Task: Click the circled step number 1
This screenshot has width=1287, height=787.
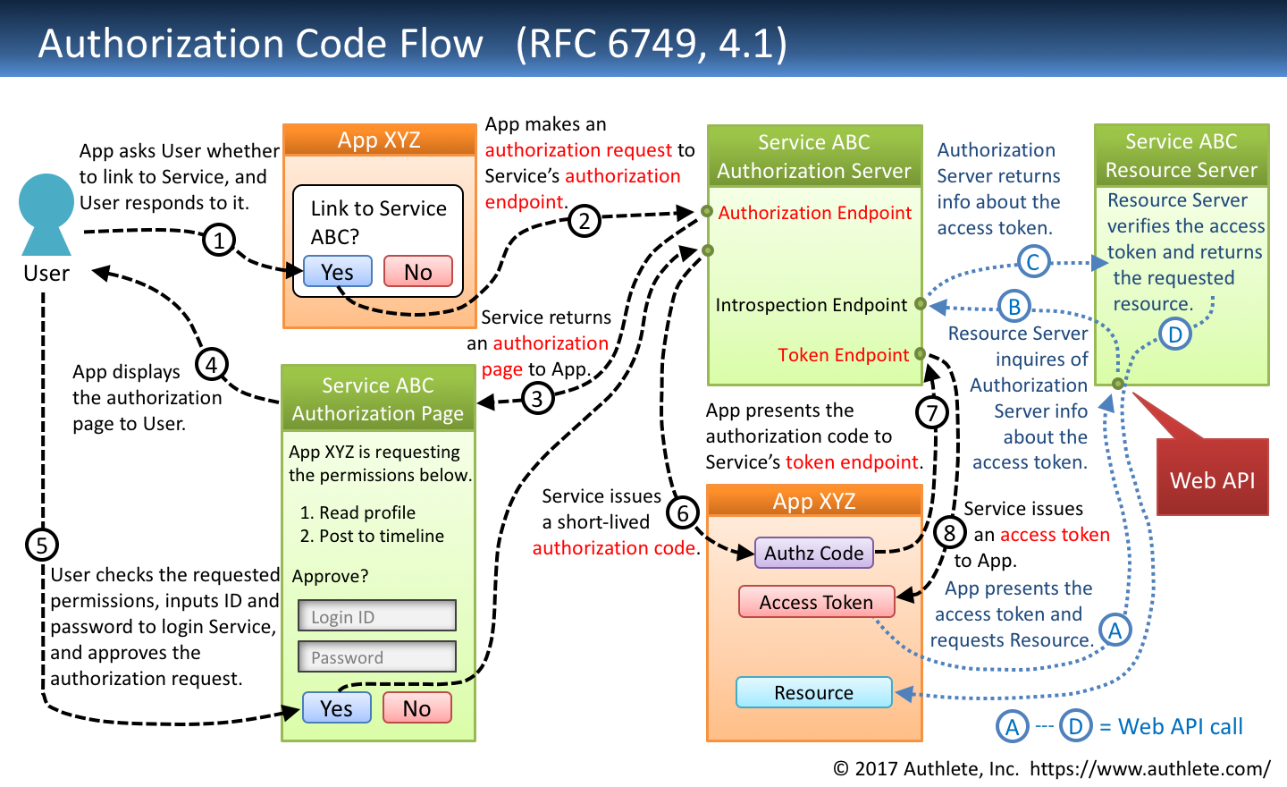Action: click(219, 240)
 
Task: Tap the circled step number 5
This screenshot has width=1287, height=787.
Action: click(42, 545)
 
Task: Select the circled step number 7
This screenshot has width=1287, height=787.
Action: click(932, 412)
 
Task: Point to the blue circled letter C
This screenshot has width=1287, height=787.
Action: click(1032, 262)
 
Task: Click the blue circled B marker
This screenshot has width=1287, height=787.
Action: click(1014, 307)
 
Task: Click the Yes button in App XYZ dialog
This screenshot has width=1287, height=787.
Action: click(338, 272)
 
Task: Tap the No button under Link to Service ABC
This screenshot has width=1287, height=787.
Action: click(417, 272)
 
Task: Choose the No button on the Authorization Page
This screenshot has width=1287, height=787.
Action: click(416, 708)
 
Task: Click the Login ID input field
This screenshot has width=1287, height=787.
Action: click(377, 616)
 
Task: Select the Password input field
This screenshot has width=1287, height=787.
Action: click(377, 656)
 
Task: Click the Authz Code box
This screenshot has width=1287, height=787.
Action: click(813, 553)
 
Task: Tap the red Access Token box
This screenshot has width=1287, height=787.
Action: click(816, 602)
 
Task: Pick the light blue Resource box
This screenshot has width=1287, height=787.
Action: click(813, 692)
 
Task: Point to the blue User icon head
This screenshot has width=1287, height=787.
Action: click(46, 201)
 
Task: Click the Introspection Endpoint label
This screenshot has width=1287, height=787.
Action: click(811, 305)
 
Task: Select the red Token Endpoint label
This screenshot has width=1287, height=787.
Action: click(843, 355)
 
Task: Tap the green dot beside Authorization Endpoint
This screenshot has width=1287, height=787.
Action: click(707, 212)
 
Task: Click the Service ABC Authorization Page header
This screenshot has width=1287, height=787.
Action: click(378, 399)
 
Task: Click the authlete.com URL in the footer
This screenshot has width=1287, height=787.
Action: click(1149, 768)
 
